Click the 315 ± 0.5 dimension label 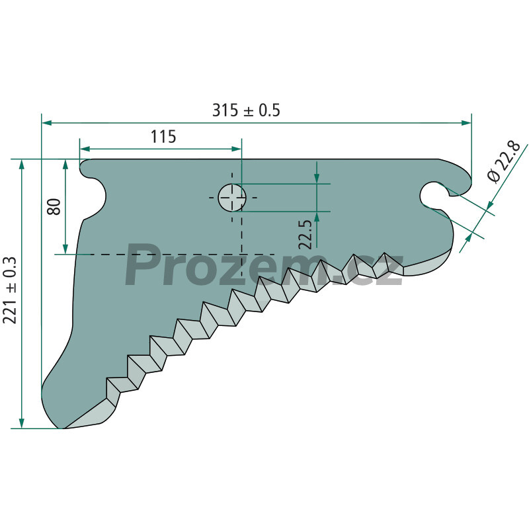tap(246, 110)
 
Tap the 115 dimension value tap(163, 137)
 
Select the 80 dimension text tap(54, 207)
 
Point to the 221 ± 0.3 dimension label tap(9, 290)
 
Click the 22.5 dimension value tap(306, 235)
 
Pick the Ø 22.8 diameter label tap(504, 162)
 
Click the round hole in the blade tap(232, 197)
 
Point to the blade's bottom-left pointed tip tap(63, 428)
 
